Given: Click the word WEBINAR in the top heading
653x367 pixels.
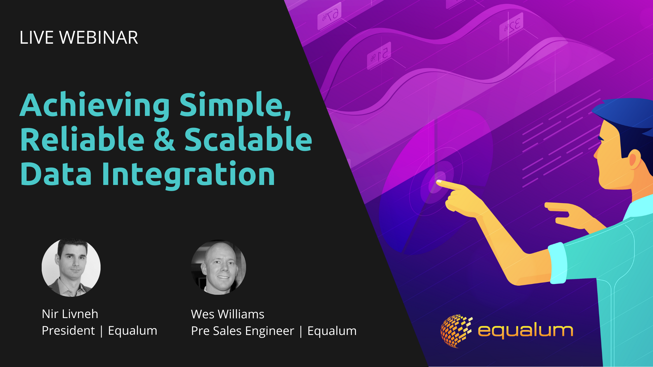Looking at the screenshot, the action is pos(99,38).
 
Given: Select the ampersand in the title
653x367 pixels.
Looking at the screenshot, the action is pos(164,139).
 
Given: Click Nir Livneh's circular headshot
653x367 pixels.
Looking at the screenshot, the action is pos(71,267).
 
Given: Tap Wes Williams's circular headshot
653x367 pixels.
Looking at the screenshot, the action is pos(219,267).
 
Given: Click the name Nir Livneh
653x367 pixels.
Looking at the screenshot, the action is pos(70,314).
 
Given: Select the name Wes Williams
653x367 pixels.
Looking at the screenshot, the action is pos(228,314).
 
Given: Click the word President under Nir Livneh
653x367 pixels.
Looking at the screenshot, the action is pos(69,331).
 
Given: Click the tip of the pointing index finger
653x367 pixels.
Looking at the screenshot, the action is pos(438,182).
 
